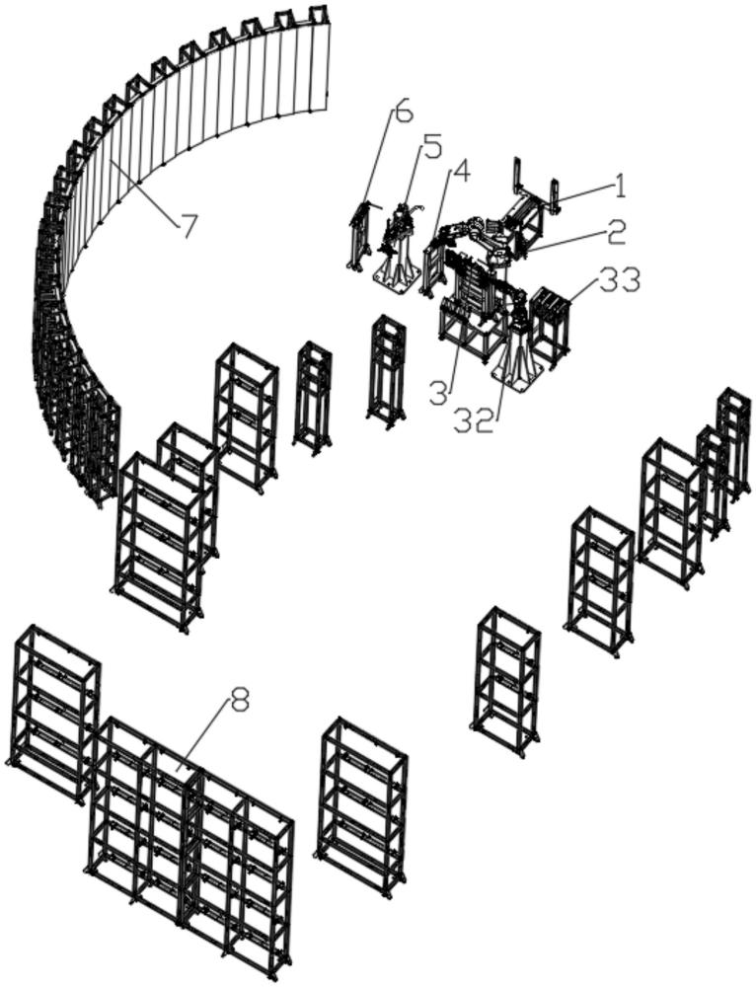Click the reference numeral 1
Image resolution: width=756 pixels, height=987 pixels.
[620, 185]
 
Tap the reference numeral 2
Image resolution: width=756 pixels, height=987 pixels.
[616, 232]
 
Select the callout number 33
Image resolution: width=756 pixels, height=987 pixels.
[619, 280]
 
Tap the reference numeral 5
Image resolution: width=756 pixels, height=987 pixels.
[430, 150]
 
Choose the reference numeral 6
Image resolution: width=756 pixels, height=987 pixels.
[404, 113]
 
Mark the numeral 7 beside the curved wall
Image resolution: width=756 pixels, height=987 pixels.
[188, 226]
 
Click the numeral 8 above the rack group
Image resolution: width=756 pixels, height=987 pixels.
[240, 702]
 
